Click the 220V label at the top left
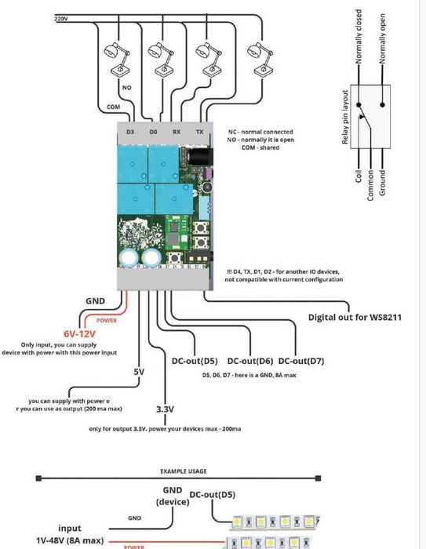click(60, 18)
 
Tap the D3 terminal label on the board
click(130, 133)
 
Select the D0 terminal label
click(154, 133)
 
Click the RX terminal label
click(177, 133)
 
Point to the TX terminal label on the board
click(199, 133)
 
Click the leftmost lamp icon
click(118, 56)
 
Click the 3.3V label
click(165, 409)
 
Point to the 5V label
click(138, 372)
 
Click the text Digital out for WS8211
click(355, 318)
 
